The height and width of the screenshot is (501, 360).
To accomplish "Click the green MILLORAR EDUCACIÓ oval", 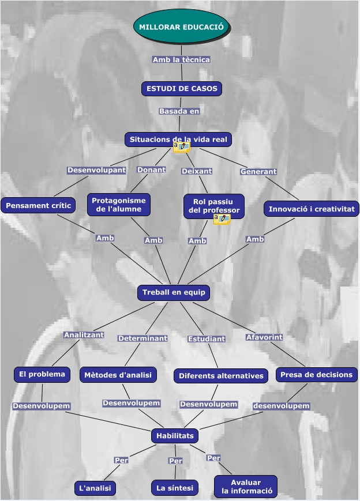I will click(x=182, y=27).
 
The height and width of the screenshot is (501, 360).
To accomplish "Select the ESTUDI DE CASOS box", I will click(x=182, y=89).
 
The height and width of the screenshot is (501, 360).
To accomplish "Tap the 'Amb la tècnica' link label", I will click(x=181, y=59).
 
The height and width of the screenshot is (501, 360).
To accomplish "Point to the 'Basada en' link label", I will click(x=179, y=111).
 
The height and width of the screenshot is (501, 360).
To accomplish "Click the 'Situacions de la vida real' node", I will click(x=178, y=140).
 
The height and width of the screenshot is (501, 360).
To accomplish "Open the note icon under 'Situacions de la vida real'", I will click(x=182, y=148).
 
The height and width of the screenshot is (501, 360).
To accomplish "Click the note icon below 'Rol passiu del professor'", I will click(x=222, y=219).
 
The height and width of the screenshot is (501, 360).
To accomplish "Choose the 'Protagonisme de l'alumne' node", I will click(x=119, y=205).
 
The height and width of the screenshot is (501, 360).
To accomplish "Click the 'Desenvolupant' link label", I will click(x=96, y=170).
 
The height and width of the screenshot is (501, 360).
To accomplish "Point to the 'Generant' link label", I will click(x=258, y=171).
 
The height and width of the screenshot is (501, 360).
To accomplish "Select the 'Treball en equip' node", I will click(x=174, y=293).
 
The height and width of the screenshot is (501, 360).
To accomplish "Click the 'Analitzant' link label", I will click(x=84, y=334).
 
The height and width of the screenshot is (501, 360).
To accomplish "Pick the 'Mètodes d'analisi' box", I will click(x=118, y=375).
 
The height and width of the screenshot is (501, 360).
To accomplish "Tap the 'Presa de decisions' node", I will click(x=316, y=375).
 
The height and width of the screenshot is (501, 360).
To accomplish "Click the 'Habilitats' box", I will click(x=175, y=436).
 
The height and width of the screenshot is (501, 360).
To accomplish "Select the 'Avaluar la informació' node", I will click(x=246, y=487).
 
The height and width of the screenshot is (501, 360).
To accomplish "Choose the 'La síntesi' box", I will click(x=175, y=488).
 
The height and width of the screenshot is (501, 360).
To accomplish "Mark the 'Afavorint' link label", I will click(x=264, y=337).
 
